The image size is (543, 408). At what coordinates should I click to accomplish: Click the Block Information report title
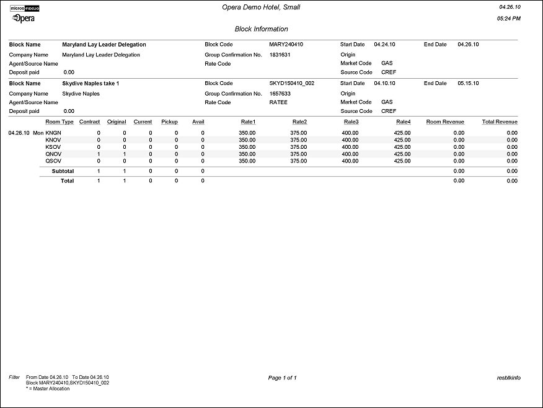(261, 29)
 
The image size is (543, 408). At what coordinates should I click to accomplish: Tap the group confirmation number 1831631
(280, 55)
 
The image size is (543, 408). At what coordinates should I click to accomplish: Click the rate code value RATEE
(278, 102)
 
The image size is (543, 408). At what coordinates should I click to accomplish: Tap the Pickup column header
(169, 122)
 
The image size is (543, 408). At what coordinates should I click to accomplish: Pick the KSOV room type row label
(53, 147)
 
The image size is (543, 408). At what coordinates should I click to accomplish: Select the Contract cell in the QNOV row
(98, 154)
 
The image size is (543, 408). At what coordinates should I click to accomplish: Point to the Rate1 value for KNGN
(247, 133)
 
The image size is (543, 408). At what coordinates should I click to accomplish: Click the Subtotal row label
(63, 171)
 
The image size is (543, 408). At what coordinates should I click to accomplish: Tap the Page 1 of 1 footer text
(282, 378)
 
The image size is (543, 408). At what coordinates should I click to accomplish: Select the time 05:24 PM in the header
(509, 19)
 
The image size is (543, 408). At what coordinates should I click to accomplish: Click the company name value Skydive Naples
(81, 93)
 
